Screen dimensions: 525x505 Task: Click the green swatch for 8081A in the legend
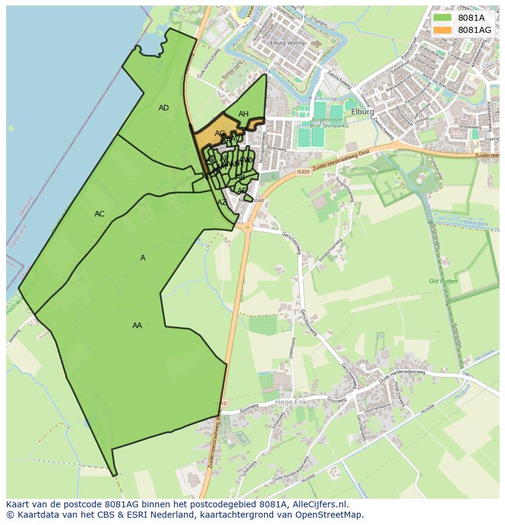pos(443,18)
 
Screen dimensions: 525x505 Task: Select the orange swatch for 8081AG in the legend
pos(443,30)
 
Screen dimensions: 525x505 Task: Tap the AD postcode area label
pos(163,108)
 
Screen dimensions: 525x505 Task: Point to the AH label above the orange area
pos(243,114)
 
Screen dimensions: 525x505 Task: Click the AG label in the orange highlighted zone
pos(220,134)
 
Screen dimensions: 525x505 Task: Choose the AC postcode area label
pos(99,214)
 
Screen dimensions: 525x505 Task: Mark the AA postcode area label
pos(137,326)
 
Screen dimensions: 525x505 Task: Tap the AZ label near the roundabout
pos(222,202)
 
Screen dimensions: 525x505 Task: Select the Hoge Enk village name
pos(291,402)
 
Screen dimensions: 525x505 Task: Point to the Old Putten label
pos(442,281)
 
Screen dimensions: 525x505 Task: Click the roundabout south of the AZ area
pos(248,227)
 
